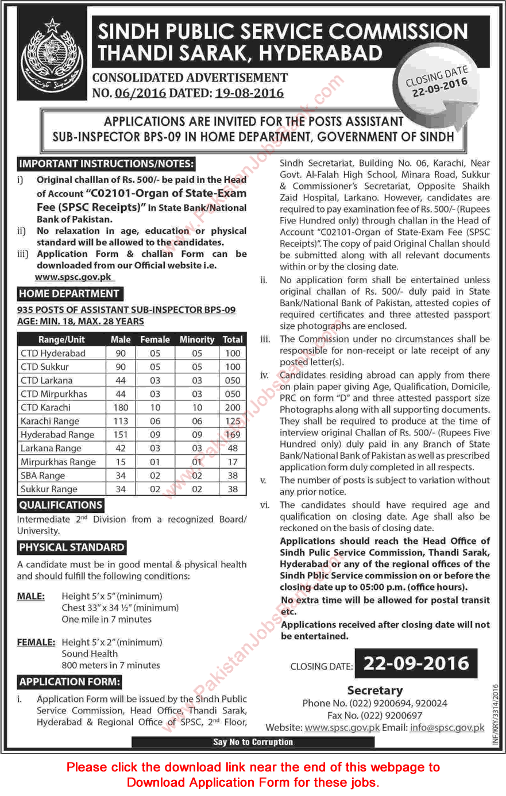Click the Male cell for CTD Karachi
coord(121,407)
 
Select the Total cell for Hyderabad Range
coord(233,435)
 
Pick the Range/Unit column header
coord(61,339)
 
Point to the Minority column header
coord(197,339)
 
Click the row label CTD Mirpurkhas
coord(54,394)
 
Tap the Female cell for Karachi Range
coord(155,421)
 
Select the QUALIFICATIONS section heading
coord(61,505)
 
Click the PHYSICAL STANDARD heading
coord(72,547)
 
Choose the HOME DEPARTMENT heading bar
coord(69,293)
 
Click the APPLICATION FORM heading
coord(70,682)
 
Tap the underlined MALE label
coord(31,596)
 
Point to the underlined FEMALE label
coord(36,642)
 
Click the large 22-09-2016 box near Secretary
coord(416,664)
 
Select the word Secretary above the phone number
coord(375,690)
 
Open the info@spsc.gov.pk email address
coord(447,727)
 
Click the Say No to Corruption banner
coord(253,742)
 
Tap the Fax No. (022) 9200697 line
coord(374,715)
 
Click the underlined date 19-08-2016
coord(249,93)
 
